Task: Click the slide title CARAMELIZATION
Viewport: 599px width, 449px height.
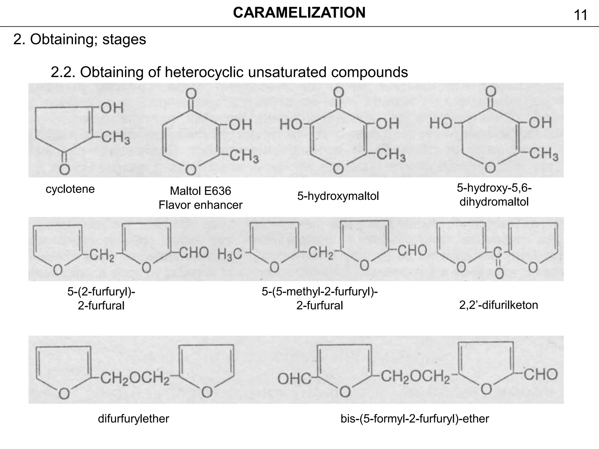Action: pyautogui.click(x=299, y=13)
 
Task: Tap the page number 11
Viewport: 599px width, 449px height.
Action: pyautogui.click(x=581, y=15)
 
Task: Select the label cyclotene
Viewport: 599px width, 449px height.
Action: pyautogui.click(x=70, y=189)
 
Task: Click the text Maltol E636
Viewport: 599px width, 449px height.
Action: pyautogui.click(x=200, y=191)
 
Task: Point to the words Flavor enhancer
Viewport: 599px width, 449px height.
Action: pyautogui.click(x=200, y=205)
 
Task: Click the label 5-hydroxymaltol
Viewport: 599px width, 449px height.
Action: pyautogui.click(x=338, y=196)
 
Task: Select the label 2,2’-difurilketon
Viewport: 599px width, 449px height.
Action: pyautogui.click(x=498, y=305)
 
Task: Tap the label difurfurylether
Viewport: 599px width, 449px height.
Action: pyautogui.click(x=133, y=419)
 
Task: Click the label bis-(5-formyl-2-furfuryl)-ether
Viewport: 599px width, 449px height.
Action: pyautogui.click(x=415, y=419)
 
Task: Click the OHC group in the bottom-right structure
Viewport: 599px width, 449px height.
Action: pyautogui.click(x=294, y=379)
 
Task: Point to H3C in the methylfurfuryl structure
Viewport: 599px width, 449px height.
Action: pyautogui.click(x=230, y=254)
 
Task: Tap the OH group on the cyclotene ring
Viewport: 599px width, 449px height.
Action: pyautogui.click(x=112, y=108)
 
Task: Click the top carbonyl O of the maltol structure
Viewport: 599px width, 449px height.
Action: pyautogui.click(x=191, y=94)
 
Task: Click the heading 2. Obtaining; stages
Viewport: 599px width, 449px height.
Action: pyautogui.click(x=80, y=39)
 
